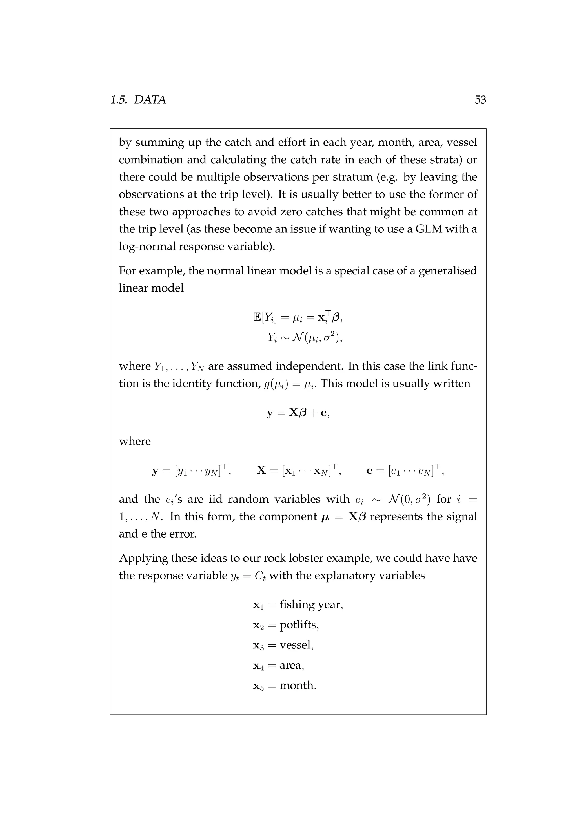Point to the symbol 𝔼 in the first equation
257,317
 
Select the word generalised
447,271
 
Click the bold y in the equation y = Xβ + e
270,413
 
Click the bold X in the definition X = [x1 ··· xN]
261,471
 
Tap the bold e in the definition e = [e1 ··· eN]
370,471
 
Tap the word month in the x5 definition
297,686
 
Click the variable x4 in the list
258,666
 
